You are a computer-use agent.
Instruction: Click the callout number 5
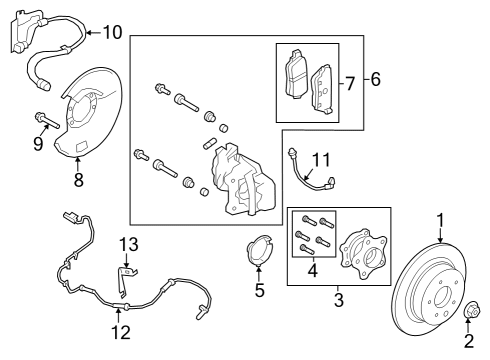tap(260, 291)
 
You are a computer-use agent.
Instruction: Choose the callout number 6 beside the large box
tap(375, 78)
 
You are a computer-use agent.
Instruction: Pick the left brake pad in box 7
tap(295, 72)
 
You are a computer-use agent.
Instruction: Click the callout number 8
tap(78, 182)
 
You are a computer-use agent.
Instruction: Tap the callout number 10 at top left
tap(111, 32)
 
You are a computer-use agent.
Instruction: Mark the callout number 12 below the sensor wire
tap(119, 332)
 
